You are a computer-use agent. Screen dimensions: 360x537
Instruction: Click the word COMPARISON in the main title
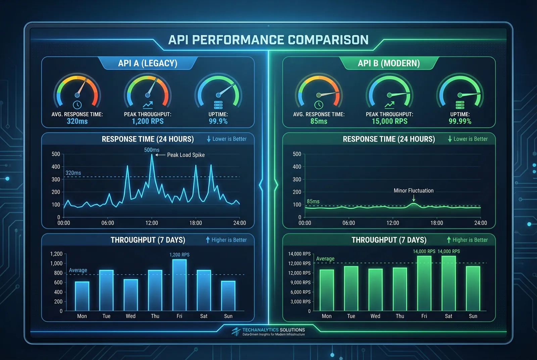(328, 40)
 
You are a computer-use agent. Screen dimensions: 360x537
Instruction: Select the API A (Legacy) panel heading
(148, 63)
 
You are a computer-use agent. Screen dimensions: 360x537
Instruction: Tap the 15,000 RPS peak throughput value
(389, 121)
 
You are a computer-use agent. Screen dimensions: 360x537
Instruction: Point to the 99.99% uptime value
(460, 121)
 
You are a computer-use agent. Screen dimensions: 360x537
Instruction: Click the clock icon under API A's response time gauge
(77, 105)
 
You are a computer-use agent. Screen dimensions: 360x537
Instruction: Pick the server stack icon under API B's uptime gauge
(460, 105)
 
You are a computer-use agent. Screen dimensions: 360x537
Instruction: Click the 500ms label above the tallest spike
(152, 150)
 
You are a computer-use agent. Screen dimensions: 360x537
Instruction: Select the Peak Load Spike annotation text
(186, 155)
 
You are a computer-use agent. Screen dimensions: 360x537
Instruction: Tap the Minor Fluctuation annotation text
(413, 191)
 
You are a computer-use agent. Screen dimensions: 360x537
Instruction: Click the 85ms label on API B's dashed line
(313, 201)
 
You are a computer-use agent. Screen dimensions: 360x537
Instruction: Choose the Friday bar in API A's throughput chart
(180, 285)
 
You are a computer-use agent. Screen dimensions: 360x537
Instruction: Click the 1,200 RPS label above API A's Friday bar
(180, 255)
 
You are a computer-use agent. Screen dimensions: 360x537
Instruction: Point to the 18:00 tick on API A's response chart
(196, 223)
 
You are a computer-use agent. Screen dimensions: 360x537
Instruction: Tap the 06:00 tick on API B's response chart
(349, 223)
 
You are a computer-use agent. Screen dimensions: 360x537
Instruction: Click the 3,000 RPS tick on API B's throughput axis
(300, 302)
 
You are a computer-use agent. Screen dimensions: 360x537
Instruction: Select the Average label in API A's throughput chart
(78, 270)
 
